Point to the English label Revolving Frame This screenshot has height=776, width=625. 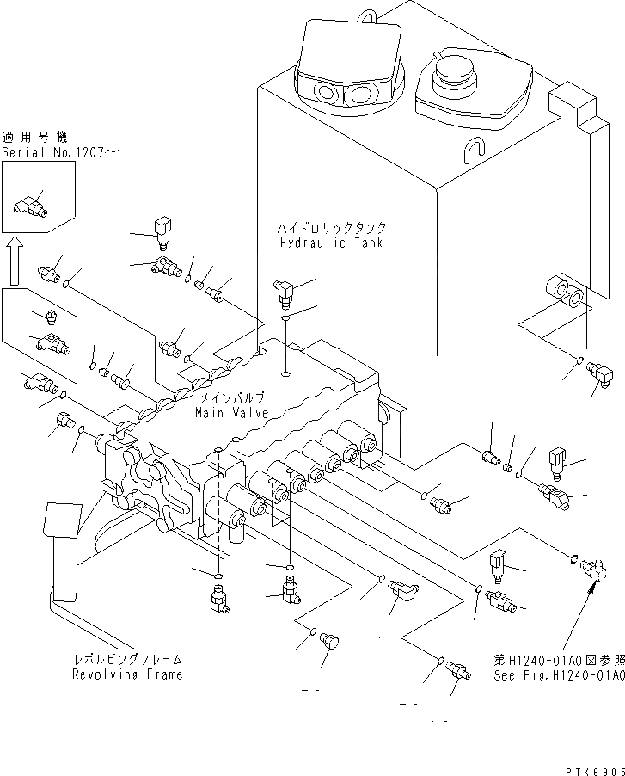point(127,674)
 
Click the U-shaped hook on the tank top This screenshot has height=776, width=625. point(471,150)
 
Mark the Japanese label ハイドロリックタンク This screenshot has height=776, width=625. point(331,229)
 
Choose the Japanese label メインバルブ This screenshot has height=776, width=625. point(232,399)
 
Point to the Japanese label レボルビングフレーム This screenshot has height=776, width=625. point(126,660)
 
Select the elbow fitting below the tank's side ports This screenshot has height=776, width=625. point(596,373)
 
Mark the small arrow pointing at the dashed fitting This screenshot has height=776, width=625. point(591,589)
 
